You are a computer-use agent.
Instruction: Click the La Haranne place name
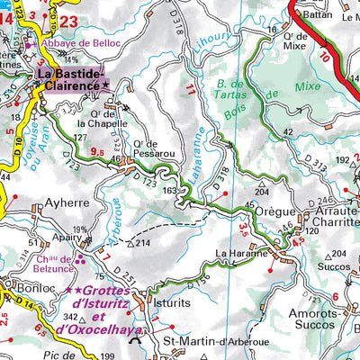(x=241, y=254)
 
